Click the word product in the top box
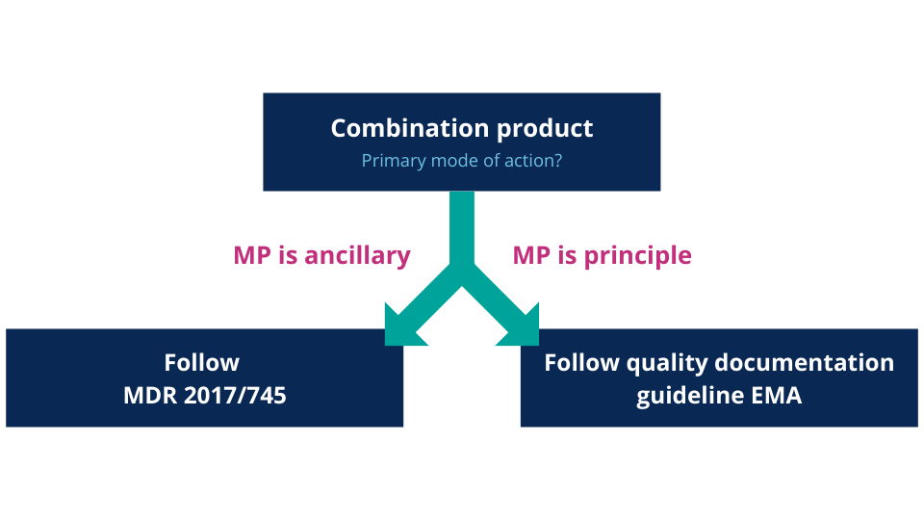click(x=549, y=128)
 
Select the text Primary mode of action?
click(x=462, y=160)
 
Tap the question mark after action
click(x=558, y=160)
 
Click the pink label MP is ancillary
click(x=322, y=256)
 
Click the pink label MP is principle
click(x=602, y=256)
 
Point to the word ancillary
click(x=358, y=256)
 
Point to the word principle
click(x=638, y=256)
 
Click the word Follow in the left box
click(x=201, y=363)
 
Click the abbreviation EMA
click(x=776, y=395)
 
